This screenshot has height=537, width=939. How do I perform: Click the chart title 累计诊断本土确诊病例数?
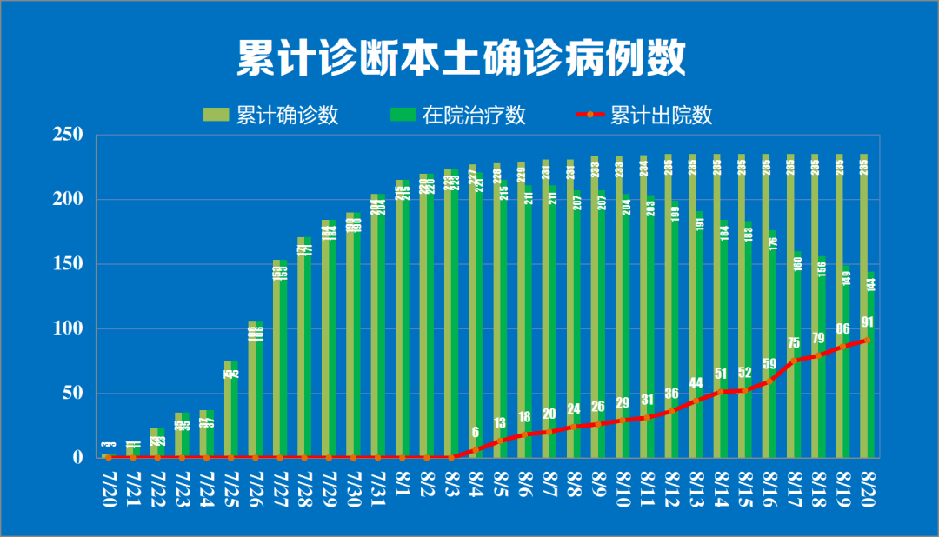point(462,59)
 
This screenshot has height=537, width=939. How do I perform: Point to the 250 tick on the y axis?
point(67,136)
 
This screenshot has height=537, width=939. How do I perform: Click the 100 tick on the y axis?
point(67,328)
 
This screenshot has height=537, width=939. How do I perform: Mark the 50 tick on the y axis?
point(71,393)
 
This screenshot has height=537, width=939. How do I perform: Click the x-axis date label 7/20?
point(109,492)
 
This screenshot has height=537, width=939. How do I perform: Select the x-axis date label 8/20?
point(867,492)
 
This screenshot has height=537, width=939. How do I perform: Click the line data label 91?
point(867,322)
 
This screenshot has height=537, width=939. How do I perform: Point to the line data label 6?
point(475,432)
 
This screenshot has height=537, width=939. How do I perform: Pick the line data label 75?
point(794,343)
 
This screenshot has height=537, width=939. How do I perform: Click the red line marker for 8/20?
point(867,340)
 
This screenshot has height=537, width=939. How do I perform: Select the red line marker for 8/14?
point(720,392)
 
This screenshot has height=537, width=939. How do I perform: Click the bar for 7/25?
point(230,408)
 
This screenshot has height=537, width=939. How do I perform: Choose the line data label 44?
point(696,383)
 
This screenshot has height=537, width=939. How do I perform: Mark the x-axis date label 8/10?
point(622,492)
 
